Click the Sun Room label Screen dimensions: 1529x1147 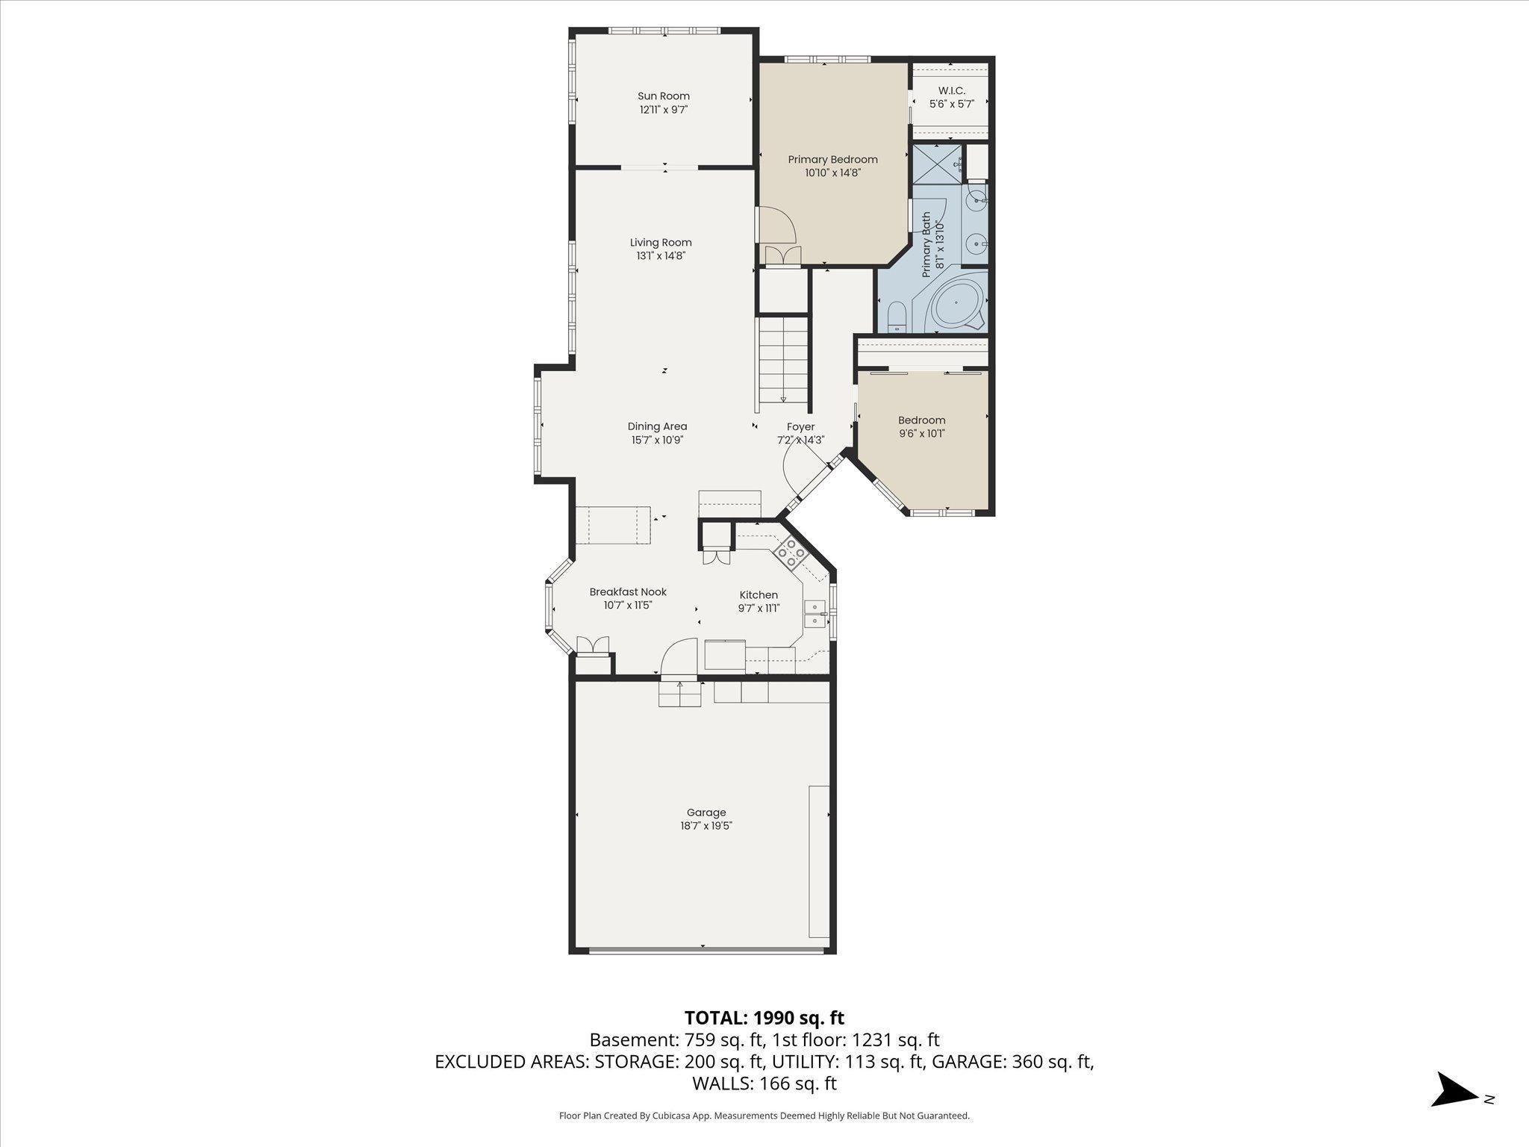[663, 96]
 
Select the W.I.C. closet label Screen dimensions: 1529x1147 [951, 91]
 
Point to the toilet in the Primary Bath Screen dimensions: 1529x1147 [897, 317]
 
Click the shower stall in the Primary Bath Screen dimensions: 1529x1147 [936, 164]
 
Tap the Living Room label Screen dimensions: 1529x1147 [661, 243]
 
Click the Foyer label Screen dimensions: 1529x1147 [800, 427]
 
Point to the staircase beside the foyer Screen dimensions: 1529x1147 [783, 361]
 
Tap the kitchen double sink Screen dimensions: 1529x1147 [815, 615]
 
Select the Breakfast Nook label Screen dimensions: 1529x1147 [628, 592]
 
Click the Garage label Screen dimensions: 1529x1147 [706, 812]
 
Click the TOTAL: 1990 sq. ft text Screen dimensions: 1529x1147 [764, 1018]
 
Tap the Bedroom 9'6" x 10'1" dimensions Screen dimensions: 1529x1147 [922, 434]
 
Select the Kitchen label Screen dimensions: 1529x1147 [759, 595]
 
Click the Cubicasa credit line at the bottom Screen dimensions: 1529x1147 [764, 1116]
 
